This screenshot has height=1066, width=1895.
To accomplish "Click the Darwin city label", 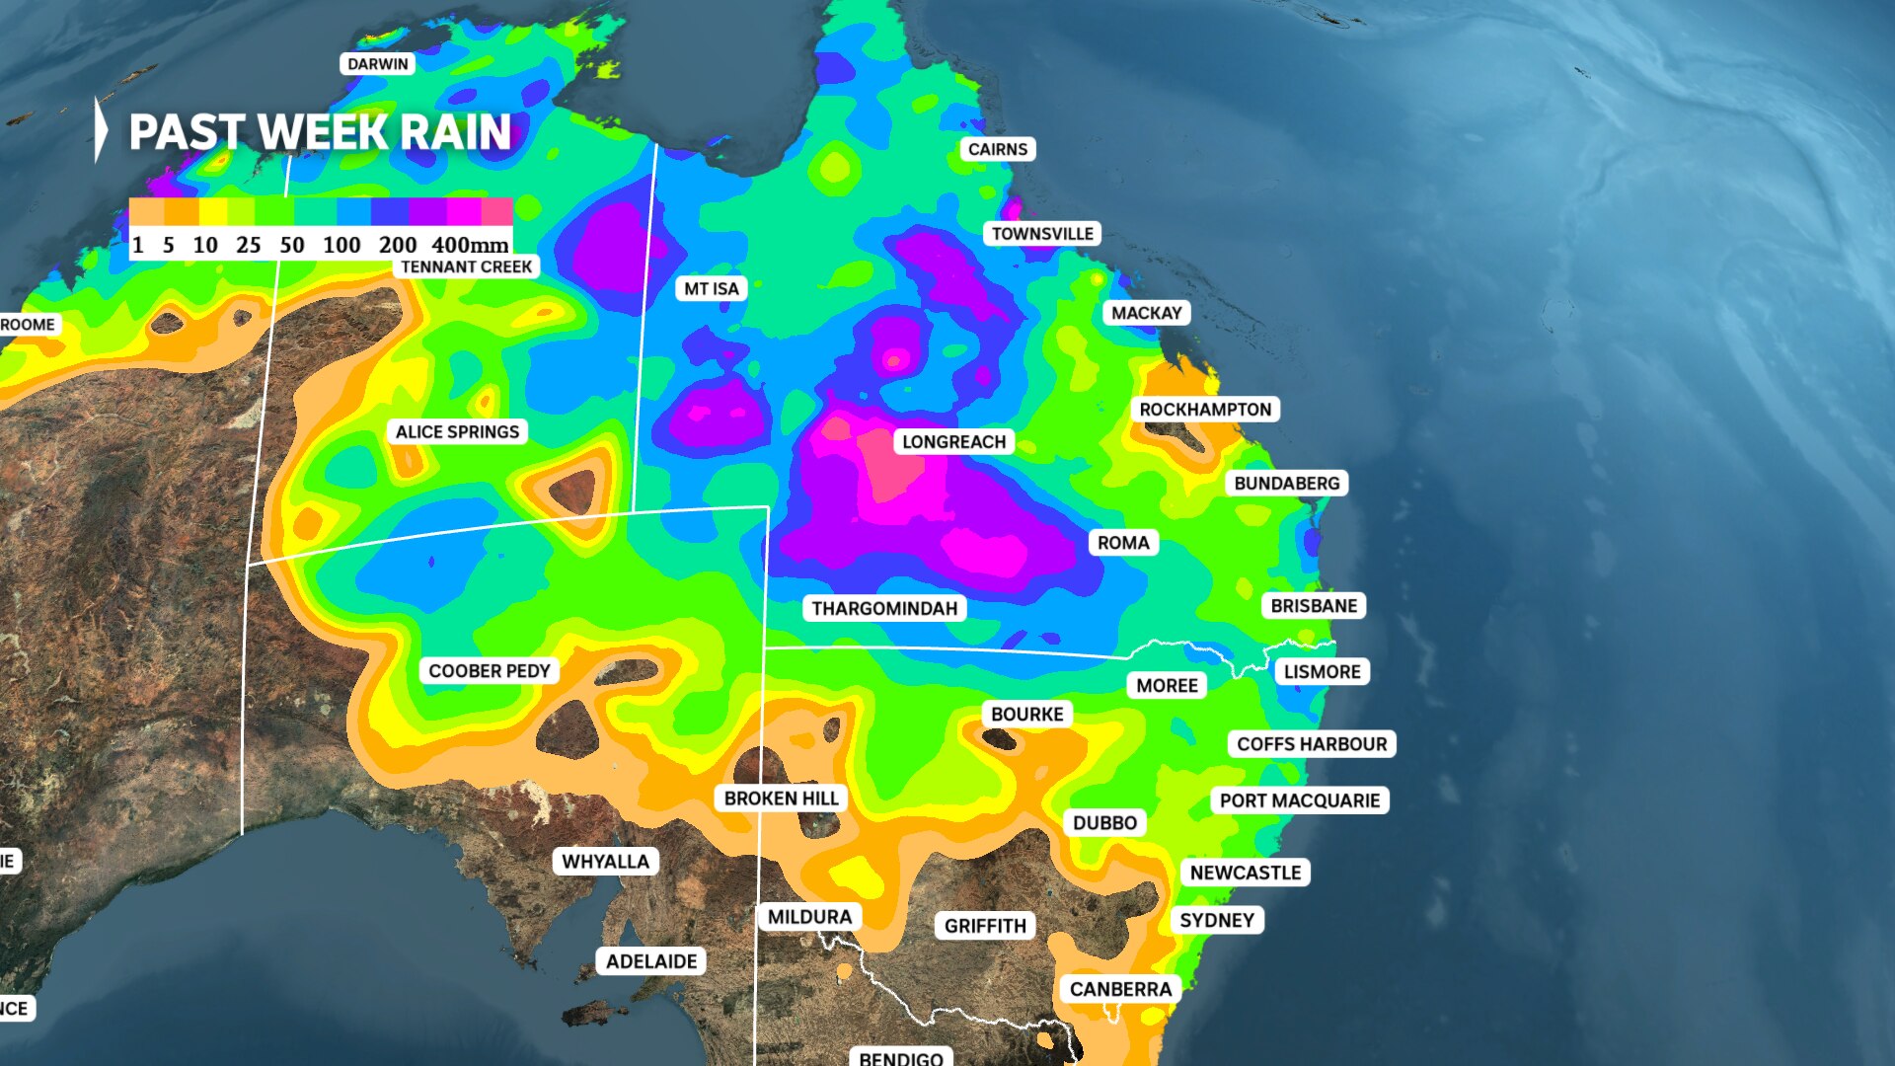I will [377, 64].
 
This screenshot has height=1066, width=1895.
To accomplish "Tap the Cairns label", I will [997, 149].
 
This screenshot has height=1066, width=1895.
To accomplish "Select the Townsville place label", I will [1042, 234].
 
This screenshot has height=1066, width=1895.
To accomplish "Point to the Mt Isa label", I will [711, 289].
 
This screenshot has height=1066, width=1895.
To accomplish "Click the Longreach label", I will [953, 442].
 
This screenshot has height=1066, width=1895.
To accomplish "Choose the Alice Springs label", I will [457, 432].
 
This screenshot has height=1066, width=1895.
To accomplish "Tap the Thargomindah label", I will [884, 609].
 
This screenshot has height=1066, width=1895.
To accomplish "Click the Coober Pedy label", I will [489, 671].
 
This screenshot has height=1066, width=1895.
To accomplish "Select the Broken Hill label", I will [781, 799].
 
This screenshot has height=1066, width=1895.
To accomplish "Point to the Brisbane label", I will [1314, 606].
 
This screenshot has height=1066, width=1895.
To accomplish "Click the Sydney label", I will [1217, 921].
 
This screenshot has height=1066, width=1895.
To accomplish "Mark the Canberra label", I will [1120, 990].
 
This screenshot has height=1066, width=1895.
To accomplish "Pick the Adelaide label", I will [650, 961].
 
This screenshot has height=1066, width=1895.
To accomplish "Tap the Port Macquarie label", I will [1299, 800].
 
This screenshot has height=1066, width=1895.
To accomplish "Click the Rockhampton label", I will [1205, 410].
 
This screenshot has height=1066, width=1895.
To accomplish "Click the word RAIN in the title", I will [455, 132].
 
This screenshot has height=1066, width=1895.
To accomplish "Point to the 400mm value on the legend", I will [470, 245].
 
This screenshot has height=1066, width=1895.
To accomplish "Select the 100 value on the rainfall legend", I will [341, 245].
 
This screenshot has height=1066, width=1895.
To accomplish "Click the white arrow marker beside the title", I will [101, 129].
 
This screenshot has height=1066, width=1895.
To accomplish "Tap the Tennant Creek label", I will [466, 266].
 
